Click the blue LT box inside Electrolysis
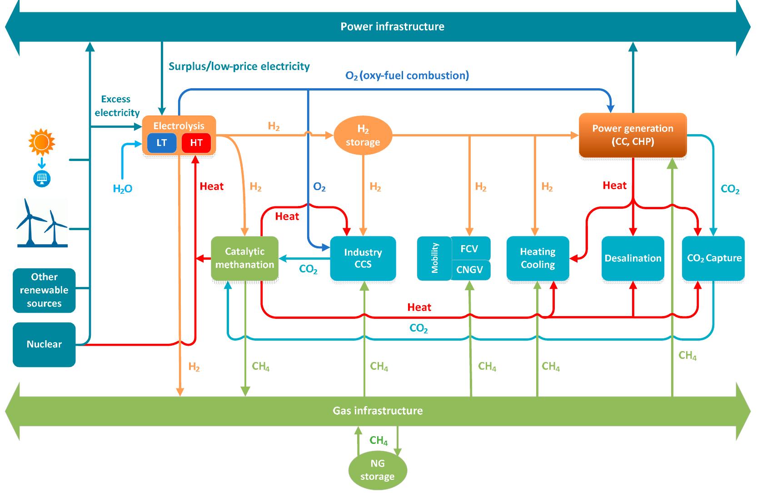coord(162,143)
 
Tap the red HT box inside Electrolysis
coord(196,143)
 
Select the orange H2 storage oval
coord(363,136)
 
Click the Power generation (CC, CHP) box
coord(632,135)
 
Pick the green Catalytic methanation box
coord(244,258)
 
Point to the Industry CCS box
coord(363,258)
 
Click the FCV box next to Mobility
coord(469,248)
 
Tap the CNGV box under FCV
coord(469,270)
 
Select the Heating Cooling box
coord(538,258)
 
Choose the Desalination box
coord(632,258)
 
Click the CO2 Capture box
coord(713,258)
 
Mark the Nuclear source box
coord(44,344)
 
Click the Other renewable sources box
coord(44,290)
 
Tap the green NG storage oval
coord(377,470)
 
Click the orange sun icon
coord(41,142)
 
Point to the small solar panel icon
coord(41,178)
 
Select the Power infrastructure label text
coord(392,26)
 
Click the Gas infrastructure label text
coord(378,411)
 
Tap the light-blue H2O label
coord(123,189)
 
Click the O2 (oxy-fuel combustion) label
coord(407,75)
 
